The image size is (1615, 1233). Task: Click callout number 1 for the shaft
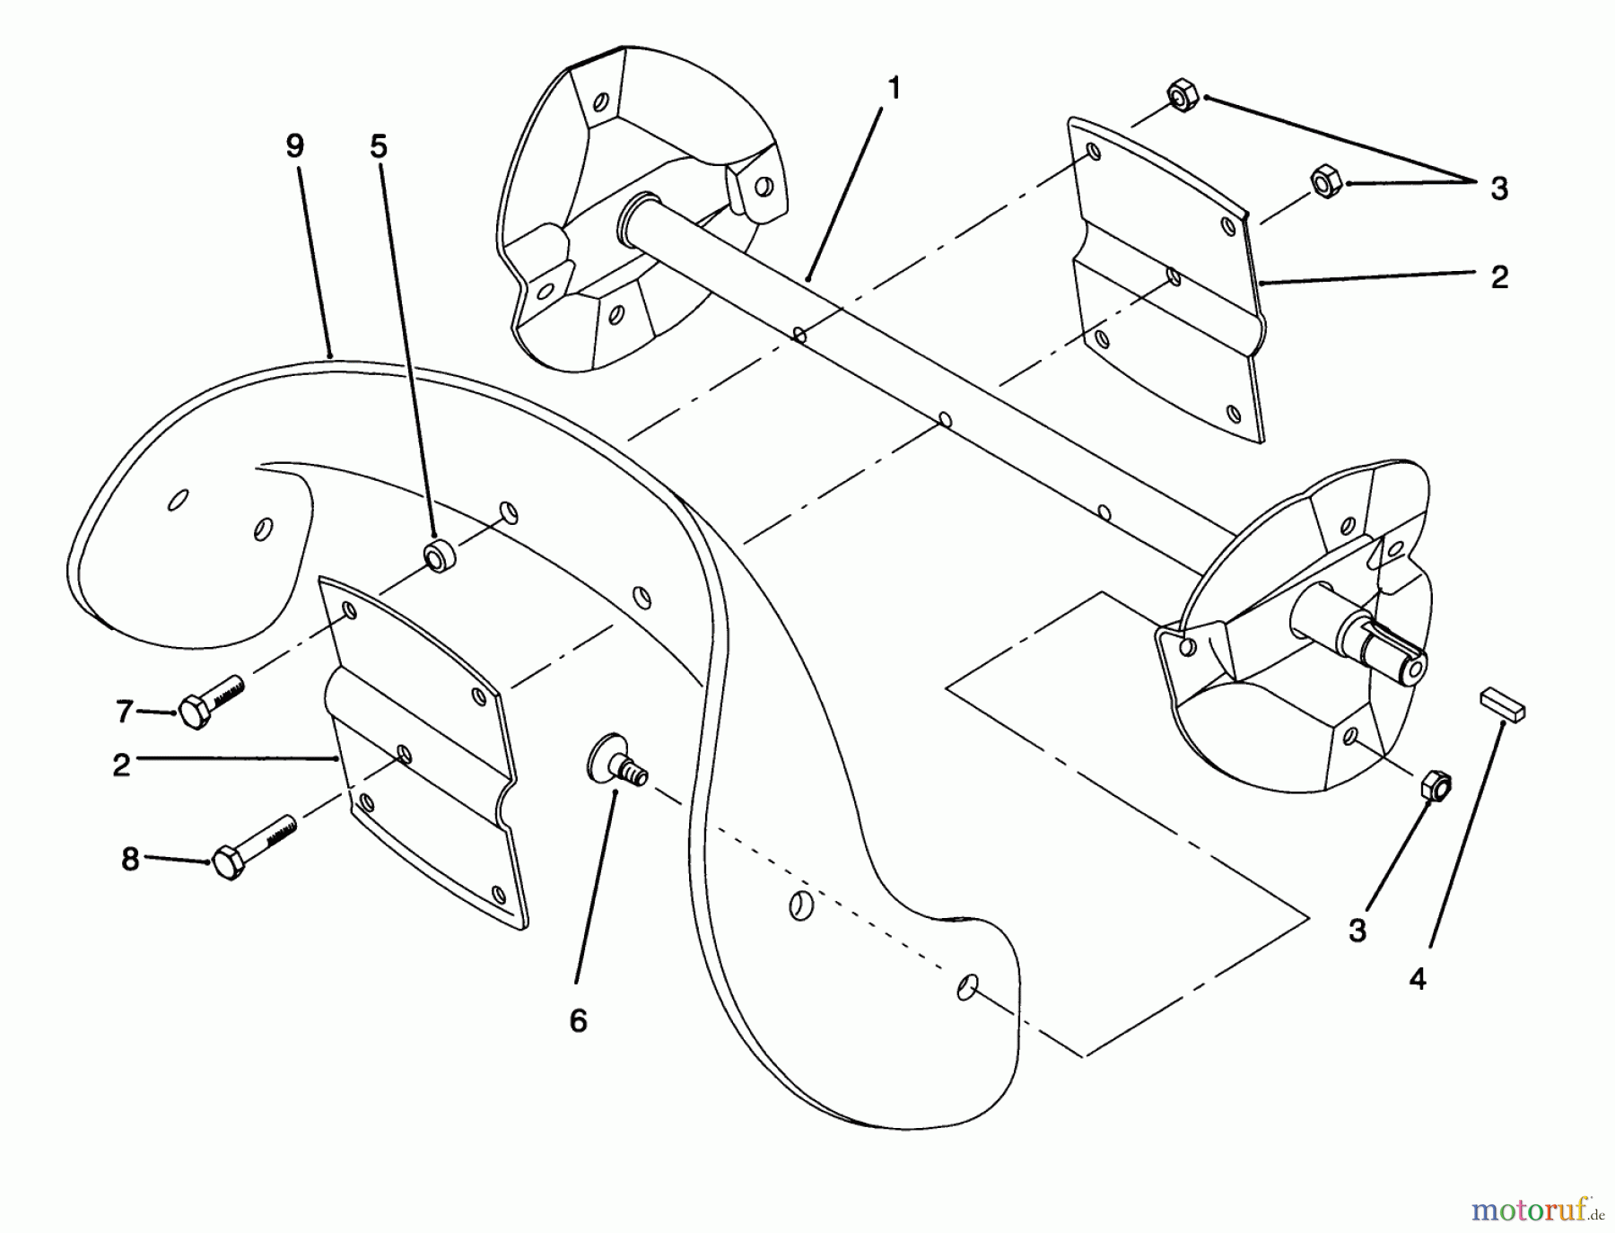(893, 90)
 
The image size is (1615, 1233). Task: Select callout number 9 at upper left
(295, 146)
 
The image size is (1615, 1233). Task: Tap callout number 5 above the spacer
(379, 146)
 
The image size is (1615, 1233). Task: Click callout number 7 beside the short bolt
(124, 712)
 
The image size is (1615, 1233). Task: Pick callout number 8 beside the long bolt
(131, 860)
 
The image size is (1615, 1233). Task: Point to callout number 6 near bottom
(578, 1020)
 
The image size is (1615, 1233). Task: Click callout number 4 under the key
(1417, 979)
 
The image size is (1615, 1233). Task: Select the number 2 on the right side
(1499, 277)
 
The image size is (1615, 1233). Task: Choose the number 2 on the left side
(122, 765)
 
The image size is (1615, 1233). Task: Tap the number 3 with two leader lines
(1499, 189)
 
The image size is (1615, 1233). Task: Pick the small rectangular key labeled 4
(1503, 703)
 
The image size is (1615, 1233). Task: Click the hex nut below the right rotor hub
(1436, 785)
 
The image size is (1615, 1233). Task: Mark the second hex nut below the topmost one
(1325, 181)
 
